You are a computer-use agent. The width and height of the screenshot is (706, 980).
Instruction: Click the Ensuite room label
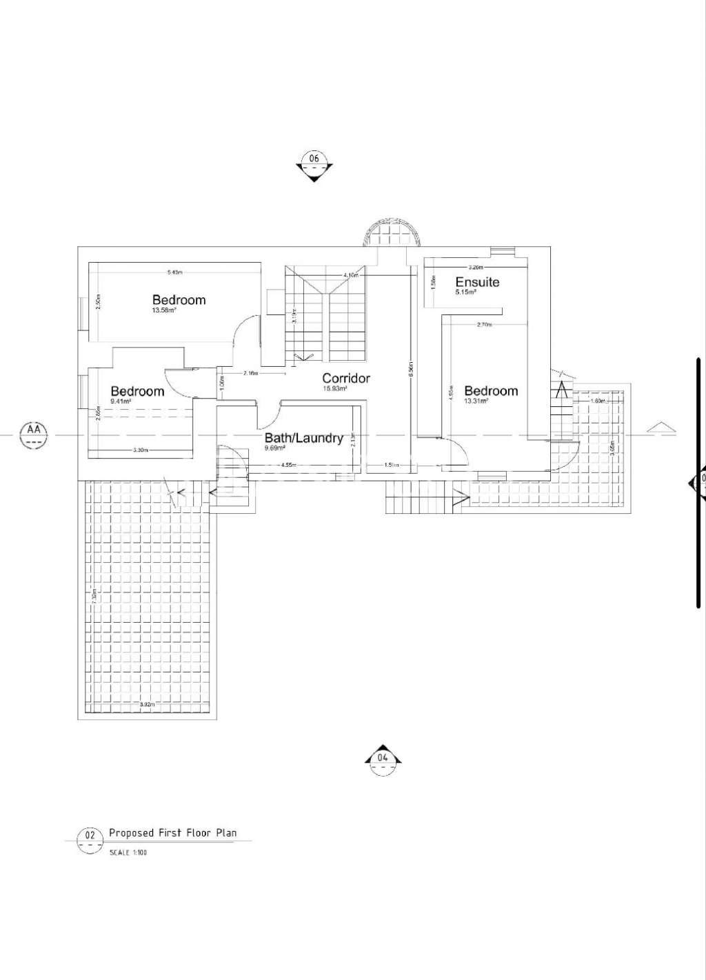477,282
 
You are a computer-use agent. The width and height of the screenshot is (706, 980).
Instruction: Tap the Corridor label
346,378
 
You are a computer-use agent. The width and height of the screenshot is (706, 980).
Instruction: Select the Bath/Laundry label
303,438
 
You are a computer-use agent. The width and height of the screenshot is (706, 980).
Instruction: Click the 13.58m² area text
165,310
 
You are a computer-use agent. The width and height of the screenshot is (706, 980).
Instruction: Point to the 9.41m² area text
121,401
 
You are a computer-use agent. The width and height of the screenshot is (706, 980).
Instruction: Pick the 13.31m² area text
476,401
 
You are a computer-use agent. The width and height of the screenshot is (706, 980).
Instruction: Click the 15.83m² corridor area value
334,388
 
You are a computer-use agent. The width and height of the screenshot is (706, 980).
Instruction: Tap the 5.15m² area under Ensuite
465,292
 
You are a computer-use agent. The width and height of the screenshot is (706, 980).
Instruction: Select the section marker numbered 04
383,758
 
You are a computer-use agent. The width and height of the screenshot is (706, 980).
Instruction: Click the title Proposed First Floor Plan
172,833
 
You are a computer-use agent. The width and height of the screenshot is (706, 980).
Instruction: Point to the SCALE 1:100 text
128,852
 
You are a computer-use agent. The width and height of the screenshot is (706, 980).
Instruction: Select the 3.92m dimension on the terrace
148,705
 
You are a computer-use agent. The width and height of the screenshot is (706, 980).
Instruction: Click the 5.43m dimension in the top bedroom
175,272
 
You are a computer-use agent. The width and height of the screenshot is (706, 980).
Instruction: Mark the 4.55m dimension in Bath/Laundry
289,466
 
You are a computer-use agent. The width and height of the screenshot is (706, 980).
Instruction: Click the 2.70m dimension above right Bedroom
485,324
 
